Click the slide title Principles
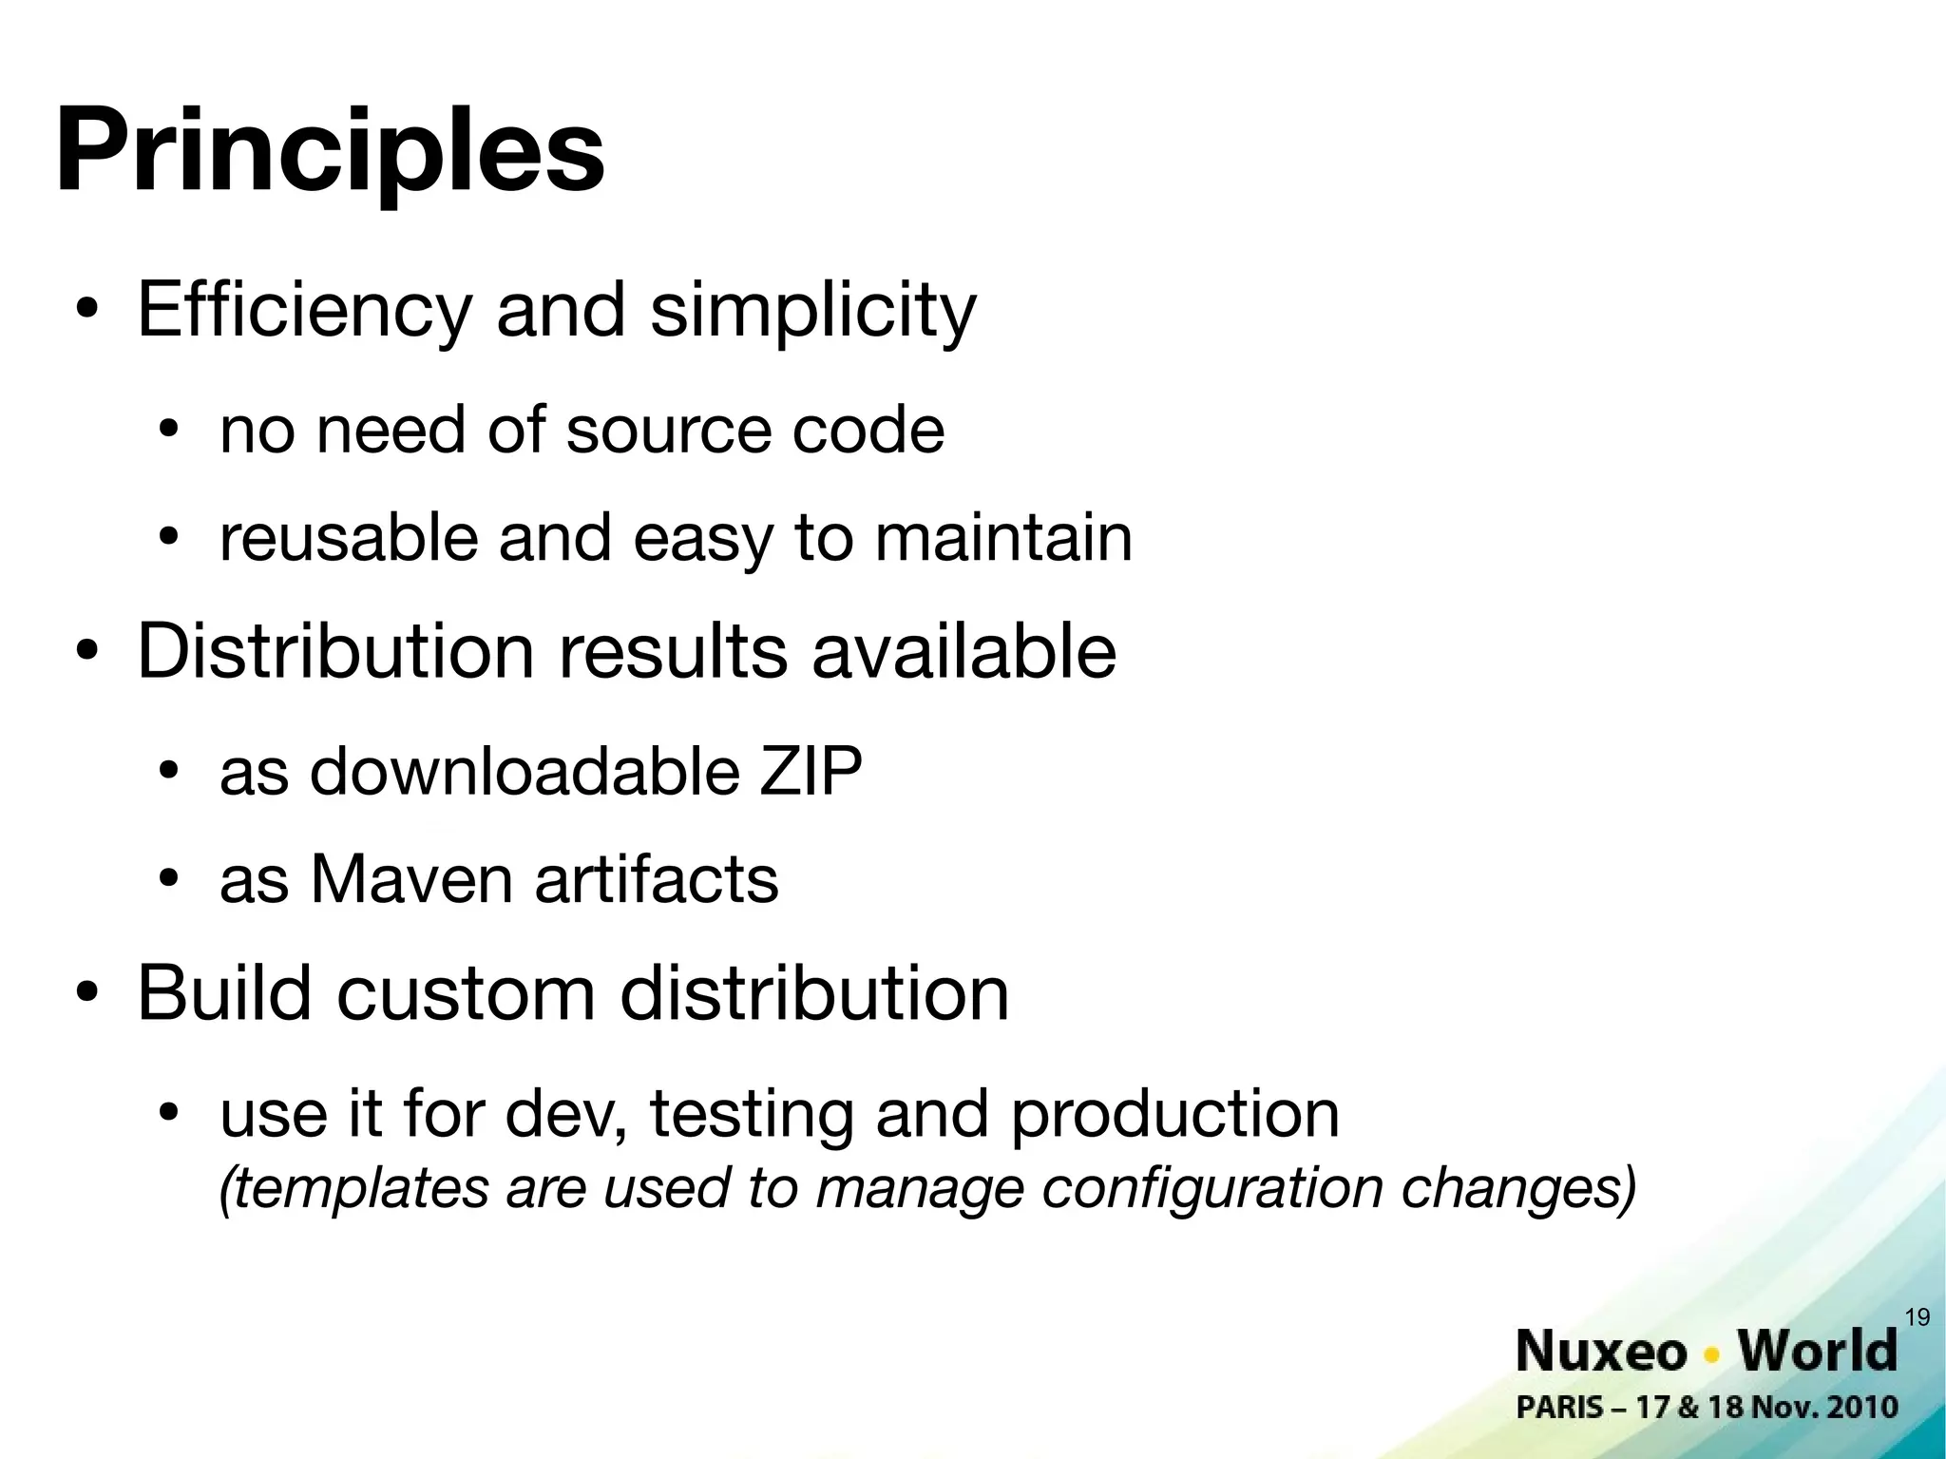click(x=330, y=152)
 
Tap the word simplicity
click(x=812, y=312)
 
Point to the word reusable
click(x=348, y=538)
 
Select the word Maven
click(x=411, y=879)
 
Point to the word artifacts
click(x=657, y=879)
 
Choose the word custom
click(x=466, y=993)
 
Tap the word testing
click(x=752, y=1114)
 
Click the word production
click(x=1174, y=1114)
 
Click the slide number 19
click(x=1917, y=1317)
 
